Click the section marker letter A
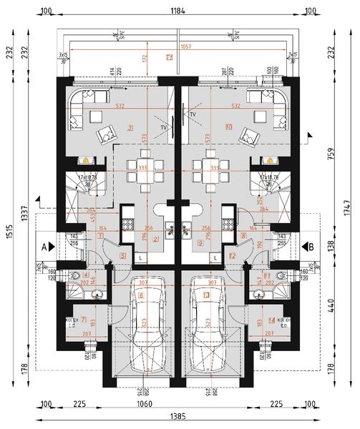(x=44, y=246)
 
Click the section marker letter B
(x=313, y=246)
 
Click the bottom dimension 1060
(x=173, y=403)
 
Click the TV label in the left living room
(x=163, y=127)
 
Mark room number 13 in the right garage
(x=207, y=294)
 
